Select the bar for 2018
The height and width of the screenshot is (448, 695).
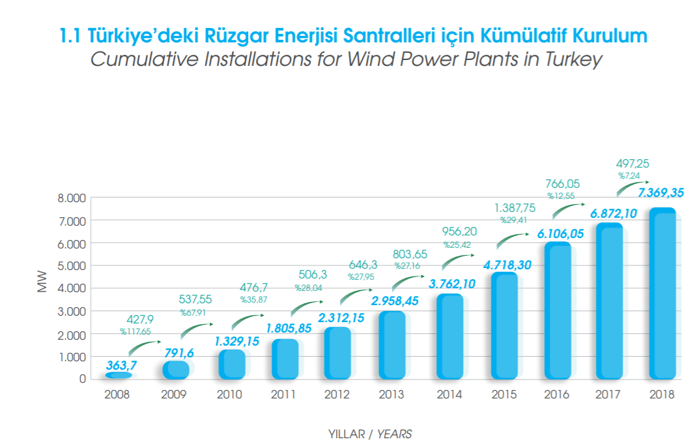pyautogui.click(x=662, y=293)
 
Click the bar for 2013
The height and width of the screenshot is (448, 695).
pyautogui.click(x=391, y=346)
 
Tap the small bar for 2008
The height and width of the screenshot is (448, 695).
pyautogui.click(x=118, y=376)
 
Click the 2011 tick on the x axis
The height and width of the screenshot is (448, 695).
pyautogui.click(x=283, y=395)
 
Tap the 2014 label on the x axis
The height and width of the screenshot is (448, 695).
pyautogui.click(x=449, y=395)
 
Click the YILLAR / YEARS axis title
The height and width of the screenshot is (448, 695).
pyautogui.click(x=371, y=434)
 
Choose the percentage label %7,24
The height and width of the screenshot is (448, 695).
pyautogui.click(x=630, y=176)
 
